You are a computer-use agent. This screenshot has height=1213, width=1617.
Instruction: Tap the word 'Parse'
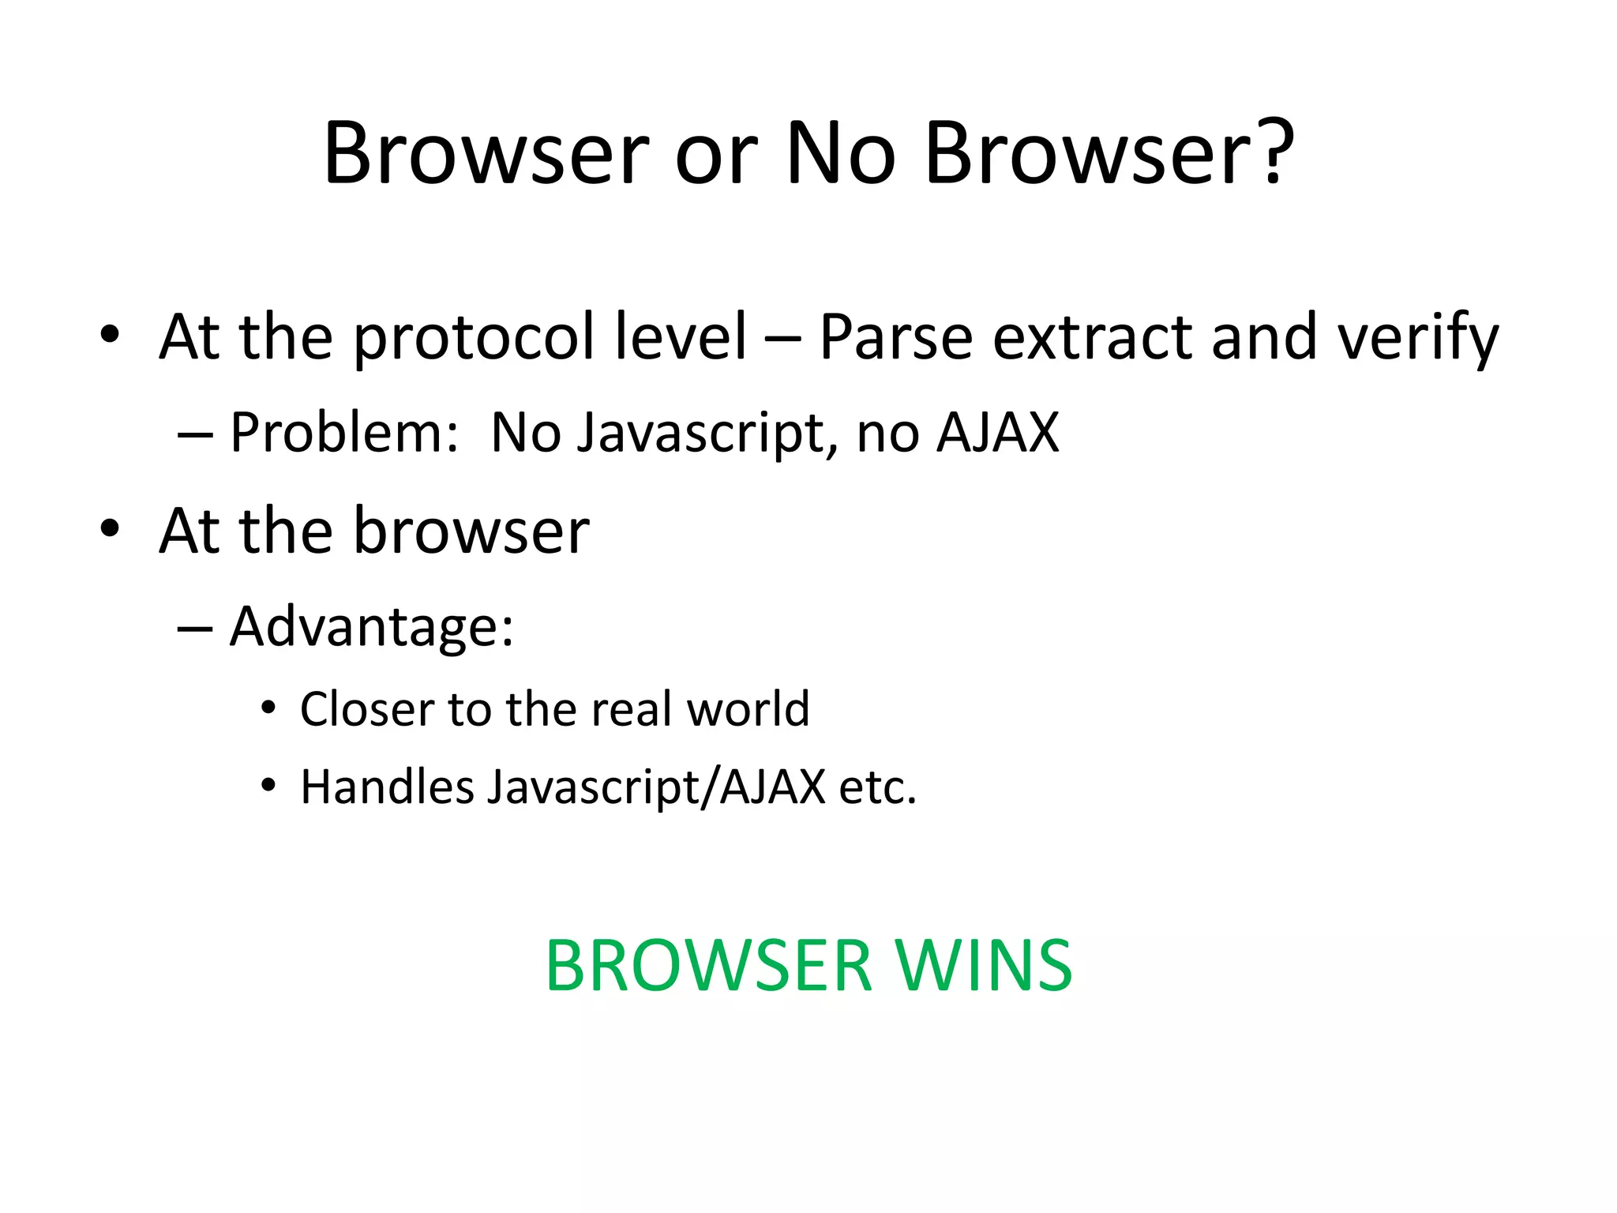click(x=895, y=338)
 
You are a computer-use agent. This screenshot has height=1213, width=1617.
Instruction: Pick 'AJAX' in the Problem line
click(x=997, y=433)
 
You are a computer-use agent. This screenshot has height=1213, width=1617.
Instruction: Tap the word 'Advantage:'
click(x=372, y=626)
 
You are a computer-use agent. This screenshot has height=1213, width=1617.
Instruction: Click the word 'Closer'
click(x=367, y=708)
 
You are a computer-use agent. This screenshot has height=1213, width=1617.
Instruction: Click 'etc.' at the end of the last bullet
click(x=878, y=787)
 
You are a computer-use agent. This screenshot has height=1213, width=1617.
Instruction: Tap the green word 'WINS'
click(x=983, y=966)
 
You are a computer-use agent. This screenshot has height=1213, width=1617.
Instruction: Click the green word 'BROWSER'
click(x=708, y=966)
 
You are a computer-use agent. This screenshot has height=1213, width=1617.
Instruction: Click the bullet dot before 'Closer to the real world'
click(x=269, y=708)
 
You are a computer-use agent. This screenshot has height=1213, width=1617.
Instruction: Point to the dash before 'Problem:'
click(x=195, y=434)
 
